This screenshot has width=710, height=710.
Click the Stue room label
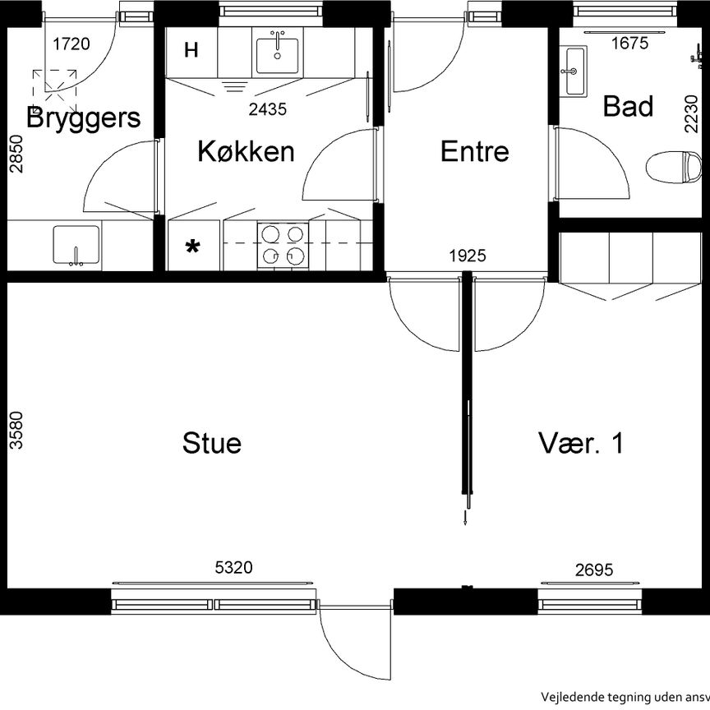(x=212, y=443)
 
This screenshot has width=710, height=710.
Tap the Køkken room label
(x=246, y=151)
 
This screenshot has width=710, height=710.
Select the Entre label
(x=474, y=151)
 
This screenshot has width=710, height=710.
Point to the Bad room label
(x=628, y=106)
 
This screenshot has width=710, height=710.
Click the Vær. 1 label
(x=581, y=443)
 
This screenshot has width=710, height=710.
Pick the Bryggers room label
(x=83, y=118)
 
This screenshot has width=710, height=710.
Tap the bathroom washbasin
(x=575, y=71)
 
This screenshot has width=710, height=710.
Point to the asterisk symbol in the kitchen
(x=192, y=247)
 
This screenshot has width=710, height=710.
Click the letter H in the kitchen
(x=191, y=51)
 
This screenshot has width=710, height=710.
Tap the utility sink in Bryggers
(x=76, y=245)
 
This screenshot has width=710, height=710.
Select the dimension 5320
(x=234, y=567)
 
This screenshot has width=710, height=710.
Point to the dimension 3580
(x=16, y=431)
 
